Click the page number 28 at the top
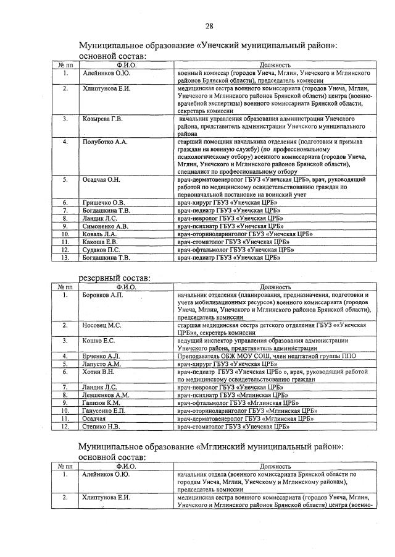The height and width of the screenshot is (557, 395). coord(209,25)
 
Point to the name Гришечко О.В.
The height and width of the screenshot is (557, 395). coord(104,202)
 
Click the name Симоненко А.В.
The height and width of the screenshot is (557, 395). coord(106,226)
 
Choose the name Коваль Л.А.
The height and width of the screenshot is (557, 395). coord(99,234)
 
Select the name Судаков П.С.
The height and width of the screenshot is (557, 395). coord(101,250)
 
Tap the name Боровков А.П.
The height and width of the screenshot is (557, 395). coord(103,295)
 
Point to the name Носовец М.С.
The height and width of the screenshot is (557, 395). coord(102,325)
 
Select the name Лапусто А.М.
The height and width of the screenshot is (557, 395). coord(102,364)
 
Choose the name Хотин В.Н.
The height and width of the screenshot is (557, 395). coord(98,372)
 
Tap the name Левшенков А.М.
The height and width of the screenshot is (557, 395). coord(106,394)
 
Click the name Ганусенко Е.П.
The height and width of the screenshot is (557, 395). coord(104,410)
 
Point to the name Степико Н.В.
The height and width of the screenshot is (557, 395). coord(101,426)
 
